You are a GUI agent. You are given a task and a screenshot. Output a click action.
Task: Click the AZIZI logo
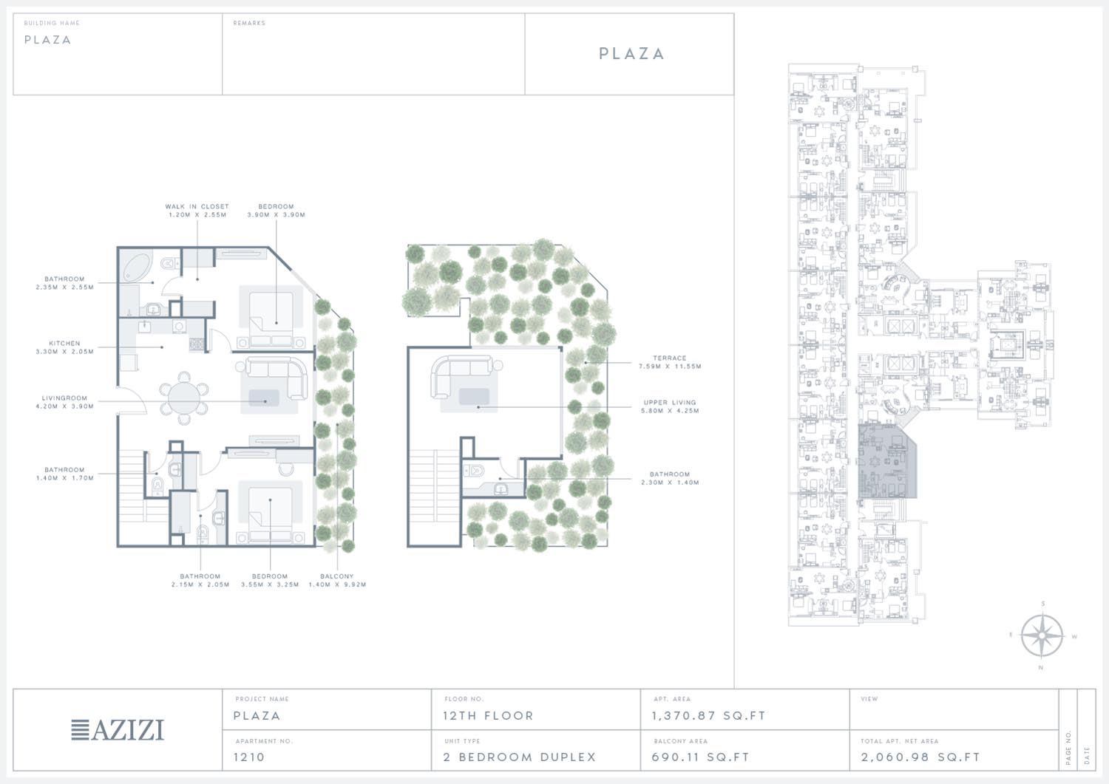point(118,730)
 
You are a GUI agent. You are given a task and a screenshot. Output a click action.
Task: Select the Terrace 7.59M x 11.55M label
point(670,362)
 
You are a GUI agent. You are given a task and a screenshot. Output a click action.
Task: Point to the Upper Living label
point(670,403)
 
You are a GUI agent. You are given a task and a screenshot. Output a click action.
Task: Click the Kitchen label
point(64,343)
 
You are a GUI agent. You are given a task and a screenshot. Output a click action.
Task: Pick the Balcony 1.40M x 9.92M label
point(337,580)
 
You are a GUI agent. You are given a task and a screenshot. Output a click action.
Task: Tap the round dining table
point(184,398)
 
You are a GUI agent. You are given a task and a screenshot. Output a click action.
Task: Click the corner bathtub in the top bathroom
point(137,267)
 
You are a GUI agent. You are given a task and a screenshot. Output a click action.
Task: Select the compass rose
point(1042,636)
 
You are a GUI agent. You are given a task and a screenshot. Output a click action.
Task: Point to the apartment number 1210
point(249,757)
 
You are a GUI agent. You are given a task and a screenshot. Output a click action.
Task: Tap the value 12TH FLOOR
point(488,716)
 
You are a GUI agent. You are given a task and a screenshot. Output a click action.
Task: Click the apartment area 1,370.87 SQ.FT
point(708,716)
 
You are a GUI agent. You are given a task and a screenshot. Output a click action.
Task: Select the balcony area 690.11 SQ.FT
point(701,757)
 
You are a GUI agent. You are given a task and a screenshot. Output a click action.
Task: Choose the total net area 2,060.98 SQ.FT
point(920,757)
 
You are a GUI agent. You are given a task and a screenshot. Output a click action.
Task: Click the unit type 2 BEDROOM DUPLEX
point(520,757)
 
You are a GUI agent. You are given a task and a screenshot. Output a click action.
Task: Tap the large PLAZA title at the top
point(631,53)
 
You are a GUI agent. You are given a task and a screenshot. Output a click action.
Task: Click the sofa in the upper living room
point(464,375)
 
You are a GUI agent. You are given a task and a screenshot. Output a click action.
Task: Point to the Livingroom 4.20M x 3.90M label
point(64,402)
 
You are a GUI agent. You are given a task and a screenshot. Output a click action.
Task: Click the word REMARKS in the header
point(249,23)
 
